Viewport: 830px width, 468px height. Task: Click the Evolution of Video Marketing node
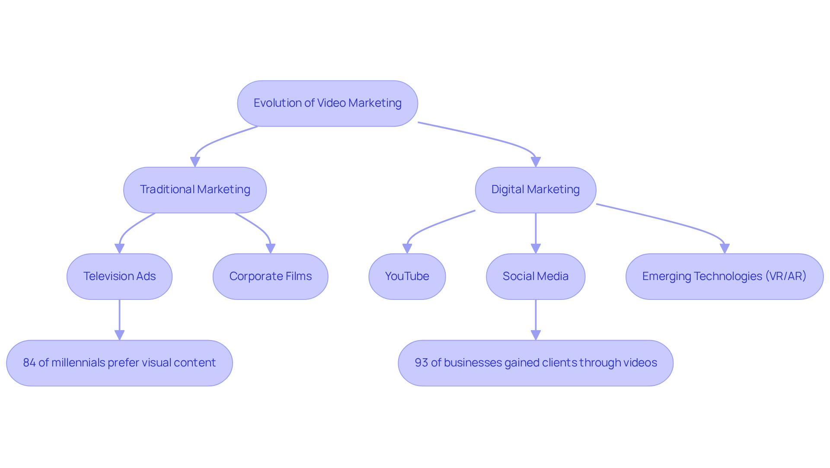327,103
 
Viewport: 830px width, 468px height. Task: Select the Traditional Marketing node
195,190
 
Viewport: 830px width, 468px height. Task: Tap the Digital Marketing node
535,190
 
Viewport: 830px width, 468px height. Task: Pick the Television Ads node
119,276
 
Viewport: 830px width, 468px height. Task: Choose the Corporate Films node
270,276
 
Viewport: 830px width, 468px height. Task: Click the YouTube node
407,276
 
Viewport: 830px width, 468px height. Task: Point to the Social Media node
535,276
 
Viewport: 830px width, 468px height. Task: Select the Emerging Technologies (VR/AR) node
724,276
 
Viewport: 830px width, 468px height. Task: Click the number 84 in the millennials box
29,363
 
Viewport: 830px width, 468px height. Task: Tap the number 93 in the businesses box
421,363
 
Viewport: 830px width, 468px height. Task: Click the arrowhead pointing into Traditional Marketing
195,162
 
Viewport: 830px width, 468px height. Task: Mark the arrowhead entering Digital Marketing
536,162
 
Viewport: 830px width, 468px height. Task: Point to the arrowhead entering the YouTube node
407,248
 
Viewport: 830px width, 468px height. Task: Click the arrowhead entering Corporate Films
271,248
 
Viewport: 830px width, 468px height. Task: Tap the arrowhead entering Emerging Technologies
725,248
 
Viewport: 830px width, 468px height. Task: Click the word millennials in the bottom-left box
78,363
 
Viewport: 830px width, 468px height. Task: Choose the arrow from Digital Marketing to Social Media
536,231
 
